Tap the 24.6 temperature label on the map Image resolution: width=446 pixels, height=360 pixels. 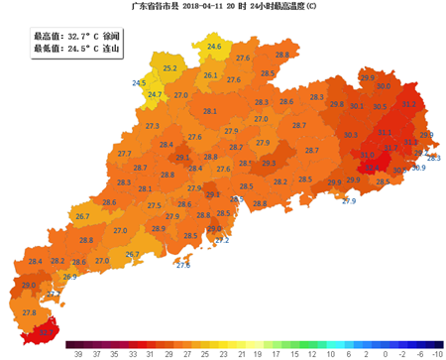[x=215, y=47]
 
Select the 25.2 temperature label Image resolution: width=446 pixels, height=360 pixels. [x=170, y=68]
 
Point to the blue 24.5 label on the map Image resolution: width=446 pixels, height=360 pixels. [x=139, y=83]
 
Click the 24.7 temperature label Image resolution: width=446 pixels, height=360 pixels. [x=155, y=94]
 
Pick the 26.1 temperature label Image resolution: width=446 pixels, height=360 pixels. [x=210, y=75]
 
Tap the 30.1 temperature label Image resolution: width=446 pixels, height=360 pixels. [x=356, y=106]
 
